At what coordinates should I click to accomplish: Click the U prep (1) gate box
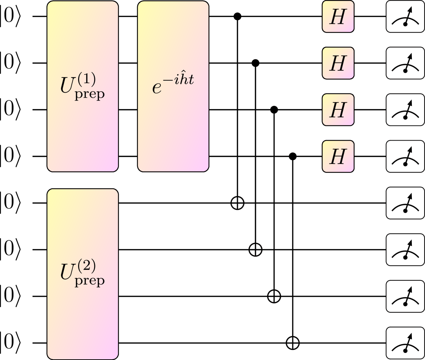pos(82,86)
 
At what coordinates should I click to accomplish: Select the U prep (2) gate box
pos(82,274)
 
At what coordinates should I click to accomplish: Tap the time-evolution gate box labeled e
pos(173,86)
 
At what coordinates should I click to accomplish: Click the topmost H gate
pos(338,16)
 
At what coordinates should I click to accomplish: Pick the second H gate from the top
pos(338,63)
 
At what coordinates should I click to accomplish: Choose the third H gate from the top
pos(338,110)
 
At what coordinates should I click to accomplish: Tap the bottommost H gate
pos(338,157)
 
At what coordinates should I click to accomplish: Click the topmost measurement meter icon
pos(405,16)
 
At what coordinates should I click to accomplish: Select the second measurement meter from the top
pos(405,63)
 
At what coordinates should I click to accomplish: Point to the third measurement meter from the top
pos(405,110)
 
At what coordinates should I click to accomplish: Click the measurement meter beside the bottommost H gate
pos(405,157)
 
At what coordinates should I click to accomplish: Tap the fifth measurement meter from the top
pos(405,203)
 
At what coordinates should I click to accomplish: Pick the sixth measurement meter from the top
pos(405,250)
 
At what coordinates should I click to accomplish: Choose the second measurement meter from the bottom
pos(405,296)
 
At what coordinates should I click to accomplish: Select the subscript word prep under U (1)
pos(90,95)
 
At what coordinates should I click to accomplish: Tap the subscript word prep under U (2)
pos(90,281)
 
